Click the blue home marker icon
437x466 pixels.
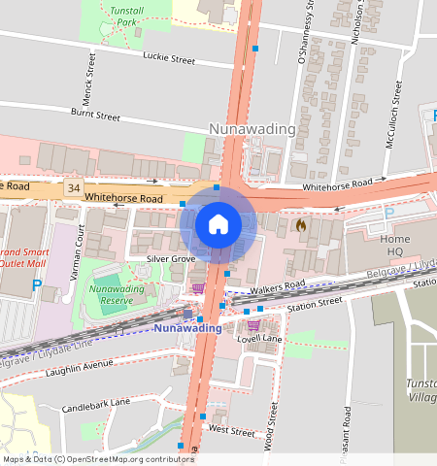pyautogui.click(x=218, y=224)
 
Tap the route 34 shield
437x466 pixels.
pyautogui.click(x=73, y=185)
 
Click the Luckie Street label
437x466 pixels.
pyautogui.click(x=169, y=59)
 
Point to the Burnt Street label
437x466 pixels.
pyautogui.click(x=95, y=116)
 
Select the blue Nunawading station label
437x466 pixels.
pyautogui.click(x=187, y=328)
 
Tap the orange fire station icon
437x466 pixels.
pyautogui.click(x=301, y=225)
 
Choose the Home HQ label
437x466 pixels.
pyautogui.click(x=395, y=245)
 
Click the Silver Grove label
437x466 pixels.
pyautogui.click(x=171, y=259)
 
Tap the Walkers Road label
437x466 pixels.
pyautogui.click(x=277, y=284)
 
